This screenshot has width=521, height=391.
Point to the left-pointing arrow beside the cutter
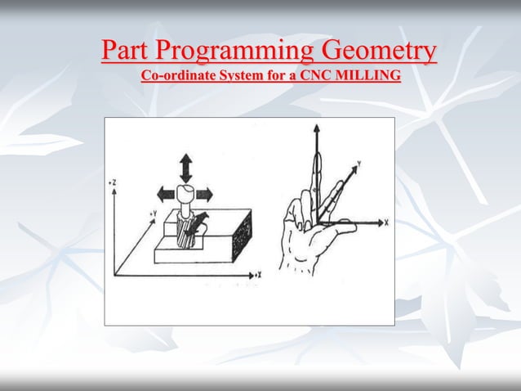point(165,194)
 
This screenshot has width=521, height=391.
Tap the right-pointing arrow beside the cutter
point(205,194)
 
